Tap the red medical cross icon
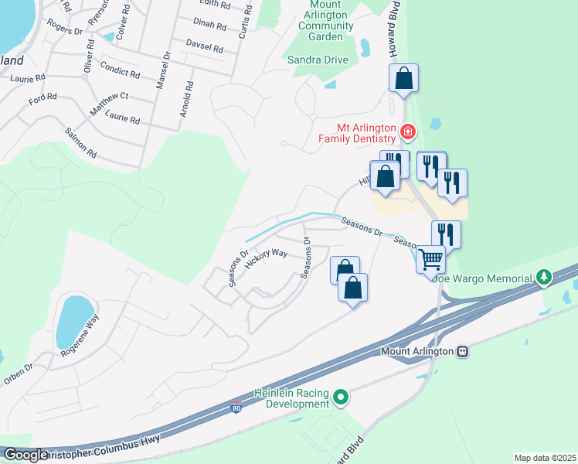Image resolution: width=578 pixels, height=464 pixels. (x=407, y=133)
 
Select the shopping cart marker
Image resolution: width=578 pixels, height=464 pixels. (x=430, y=258)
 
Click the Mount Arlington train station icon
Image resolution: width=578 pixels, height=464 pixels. (x=462, y=351)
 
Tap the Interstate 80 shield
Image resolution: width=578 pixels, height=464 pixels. (x=235, y=407)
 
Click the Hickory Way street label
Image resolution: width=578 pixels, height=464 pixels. (x=266, y=258)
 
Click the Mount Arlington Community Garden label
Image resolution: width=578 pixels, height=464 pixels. (x=325, y=26)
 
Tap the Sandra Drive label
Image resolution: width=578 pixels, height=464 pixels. (x=318, y=60)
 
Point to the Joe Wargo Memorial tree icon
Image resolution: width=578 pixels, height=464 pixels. (x=544, y=277)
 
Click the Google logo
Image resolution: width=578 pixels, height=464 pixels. (x=25, y=455)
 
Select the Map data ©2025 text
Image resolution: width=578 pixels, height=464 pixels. (x=544, y=458)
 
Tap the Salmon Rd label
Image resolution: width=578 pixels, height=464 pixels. (x=80, y=143)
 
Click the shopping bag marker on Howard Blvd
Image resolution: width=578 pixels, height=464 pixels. (x=403, y=78)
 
